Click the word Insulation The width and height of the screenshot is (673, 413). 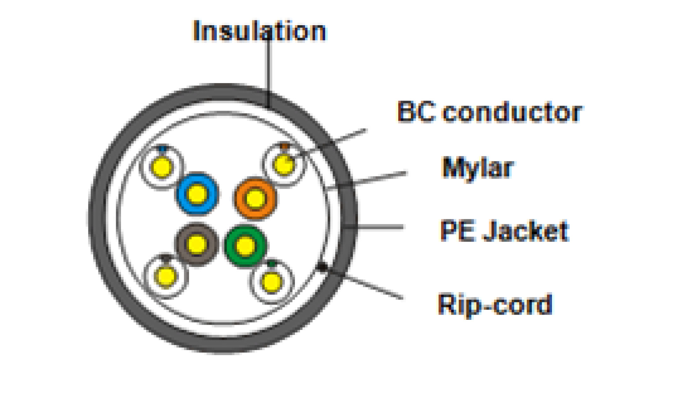click(260, 32)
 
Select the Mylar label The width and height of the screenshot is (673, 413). click(478, 168)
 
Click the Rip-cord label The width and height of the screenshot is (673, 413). click(495, 304)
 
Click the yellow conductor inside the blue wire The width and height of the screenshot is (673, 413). click(197, 194)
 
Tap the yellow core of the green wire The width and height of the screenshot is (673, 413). click(245, 246)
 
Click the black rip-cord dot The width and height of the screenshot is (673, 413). click(322, 267)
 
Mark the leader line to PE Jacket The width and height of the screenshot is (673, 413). click(379, 227)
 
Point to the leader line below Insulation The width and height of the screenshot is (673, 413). click(268, 70)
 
